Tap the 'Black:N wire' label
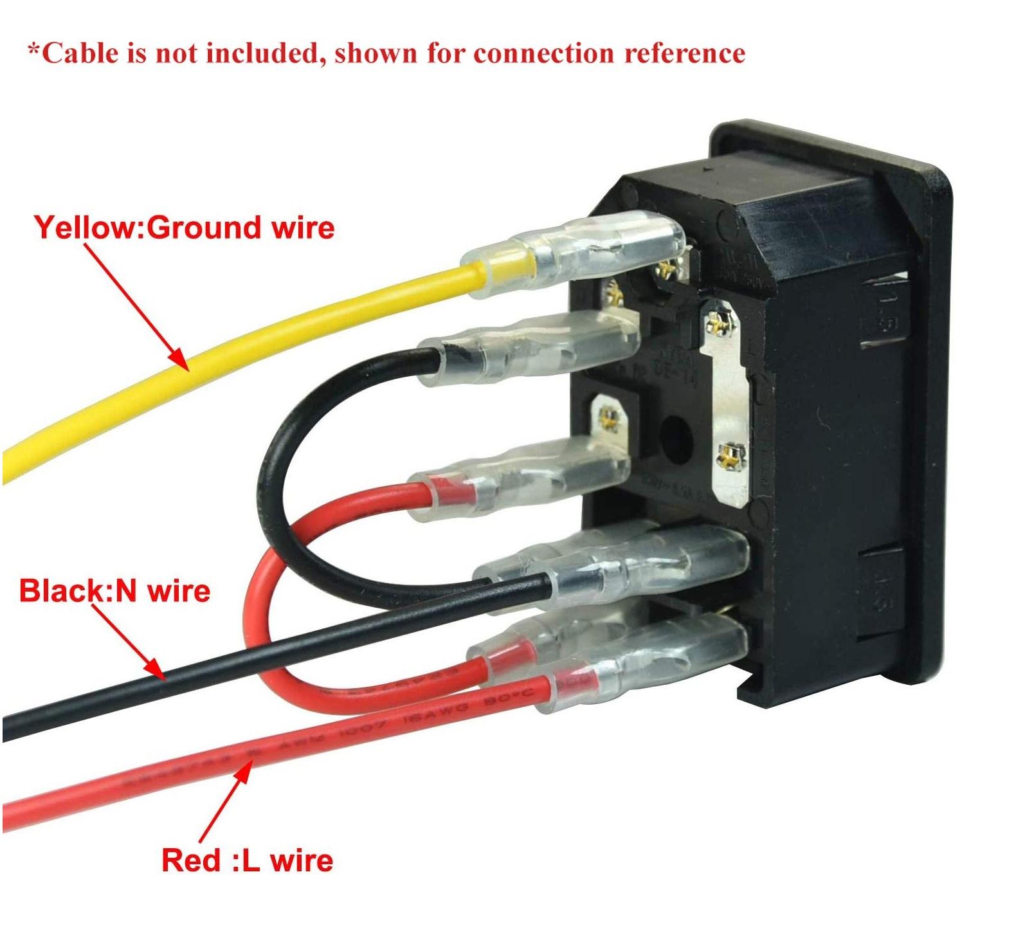[114, 590]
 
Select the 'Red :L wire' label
[247, 860]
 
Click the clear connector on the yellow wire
[579, 254]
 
